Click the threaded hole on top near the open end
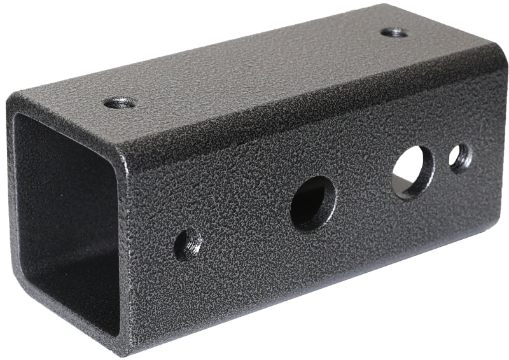pyautogui.click(x=119, y=102)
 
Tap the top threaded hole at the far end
pyautogui.click(x=394, y=32)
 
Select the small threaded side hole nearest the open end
pyautogui.click(x=188, y=244)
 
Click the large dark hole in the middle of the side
pyautogui.click(x=313, y=203)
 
